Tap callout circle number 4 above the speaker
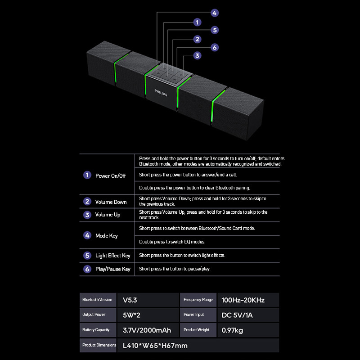pos(215,13)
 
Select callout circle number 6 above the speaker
pos(215,47)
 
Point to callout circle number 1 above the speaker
pos(197,22)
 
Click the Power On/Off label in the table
pos(110,175)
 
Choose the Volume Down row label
pos(111,202)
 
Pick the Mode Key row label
pos(106,236)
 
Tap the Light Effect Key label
pos(112,256)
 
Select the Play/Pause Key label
pos(112,269)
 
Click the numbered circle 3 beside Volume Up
pos(87,215)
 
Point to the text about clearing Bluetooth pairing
pos(194,188)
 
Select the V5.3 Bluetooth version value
pos(130,300)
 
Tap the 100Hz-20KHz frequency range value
pos(243,300)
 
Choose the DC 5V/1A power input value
pos(238,315)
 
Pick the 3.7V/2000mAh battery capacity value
pos(147,330)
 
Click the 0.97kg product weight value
pos(233,330)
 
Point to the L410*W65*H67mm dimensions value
pos(155,346)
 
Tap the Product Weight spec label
pos(197,330)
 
